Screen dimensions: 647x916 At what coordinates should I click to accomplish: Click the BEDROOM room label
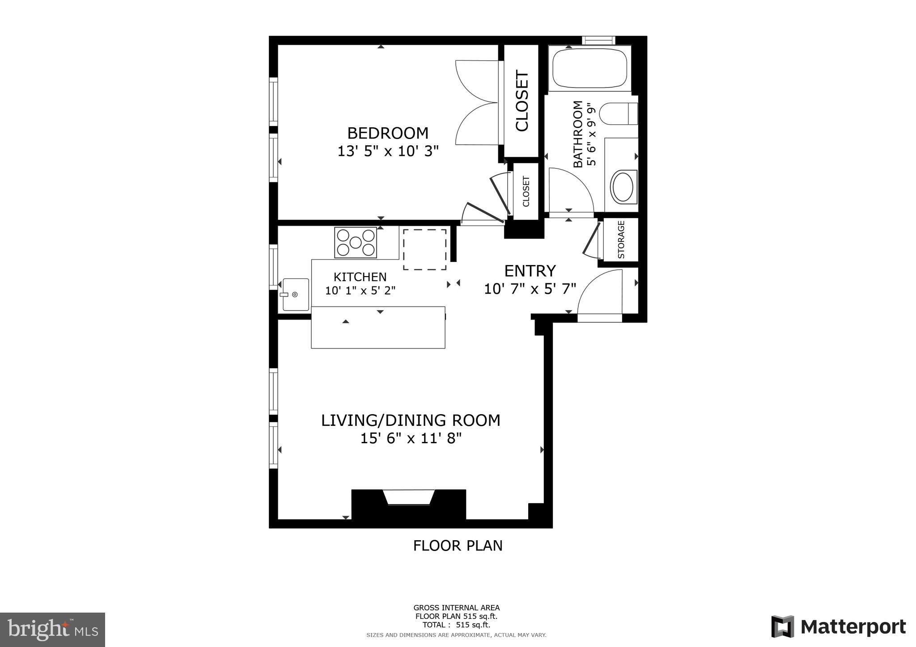[x=388, y=133]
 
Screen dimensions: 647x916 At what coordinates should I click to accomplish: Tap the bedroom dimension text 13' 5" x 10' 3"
[x=388, y=151]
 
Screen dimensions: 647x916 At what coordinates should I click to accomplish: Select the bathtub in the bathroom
[x=589, y=68]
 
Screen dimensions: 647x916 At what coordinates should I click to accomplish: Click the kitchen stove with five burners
[x=356, y=243]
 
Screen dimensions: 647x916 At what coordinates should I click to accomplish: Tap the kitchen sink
[x=295, y=294]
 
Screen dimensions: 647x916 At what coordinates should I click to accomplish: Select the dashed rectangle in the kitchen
[x=425, y=249]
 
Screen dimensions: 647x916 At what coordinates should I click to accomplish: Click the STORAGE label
[x=621, y=240]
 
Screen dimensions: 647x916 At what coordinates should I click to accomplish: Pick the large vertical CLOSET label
[x=522, y=101]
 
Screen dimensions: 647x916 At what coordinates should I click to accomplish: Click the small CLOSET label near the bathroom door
[x=526, y=191]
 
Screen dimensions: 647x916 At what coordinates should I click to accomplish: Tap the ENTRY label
[x=530, y=271]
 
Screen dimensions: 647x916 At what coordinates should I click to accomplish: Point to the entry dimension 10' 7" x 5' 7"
[x=530, y=289]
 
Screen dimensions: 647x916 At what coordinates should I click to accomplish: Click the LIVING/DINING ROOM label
[x=411, y=420]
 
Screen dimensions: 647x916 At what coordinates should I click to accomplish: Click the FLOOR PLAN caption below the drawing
[x=458, y=546]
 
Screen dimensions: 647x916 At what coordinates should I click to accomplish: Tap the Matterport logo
[x=838, y=626]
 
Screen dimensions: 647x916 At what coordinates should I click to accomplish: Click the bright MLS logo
[x=52, y=630]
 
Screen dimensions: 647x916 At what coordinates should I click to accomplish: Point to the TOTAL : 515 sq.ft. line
[x=456, y=625]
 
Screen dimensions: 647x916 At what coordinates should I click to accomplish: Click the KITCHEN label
[x=360, y=277]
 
